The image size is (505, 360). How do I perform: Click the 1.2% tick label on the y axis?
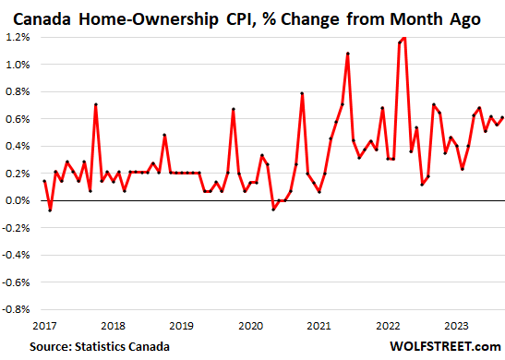(x=17, y=37)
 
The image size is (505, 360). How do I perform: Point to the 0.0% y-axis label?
(x=17, y=200)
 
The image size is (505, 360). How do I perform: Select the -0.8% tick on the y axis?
(x=16, y=309)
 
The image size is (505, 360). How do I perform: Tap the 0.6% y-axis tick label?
(x=17, y=119)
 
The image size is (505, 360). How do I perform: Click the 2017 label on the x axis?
(x=43, y=324)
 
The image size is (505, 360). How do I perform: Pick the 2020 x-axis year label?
(x=250, y=324)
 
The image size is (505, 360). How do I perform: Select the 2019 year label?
(x=181, y=324)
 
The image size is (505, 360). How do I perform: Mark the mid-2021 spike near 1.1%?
(x=348, y=54)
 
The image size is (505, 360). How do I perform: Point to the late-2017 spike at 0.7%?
(x=95, y=104)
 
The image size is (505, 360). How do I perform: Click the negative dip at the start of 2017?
(x=50, y=210)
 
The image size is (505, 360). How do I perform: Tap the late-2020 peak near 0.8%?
(x=302, y=92)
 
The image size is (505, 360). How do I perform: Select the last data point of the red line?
(x=501, y=117)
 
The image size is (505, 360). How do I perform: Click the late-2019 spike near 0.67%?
(x=233, y=109)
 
